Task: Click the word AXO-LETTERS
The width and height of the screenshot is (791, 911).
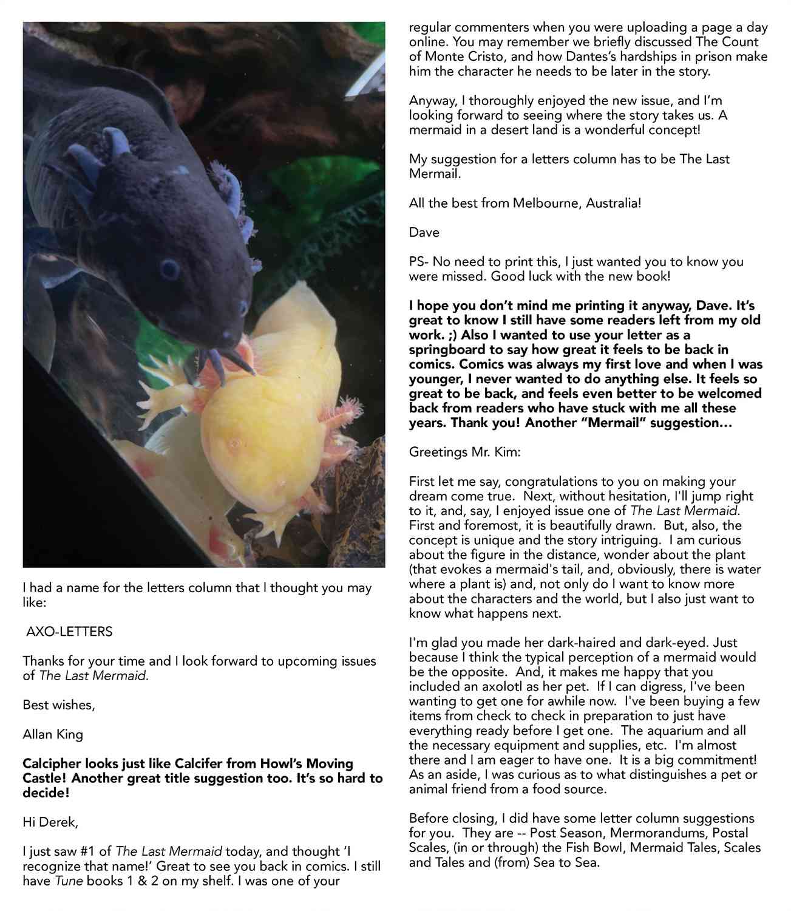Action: coord(69,632)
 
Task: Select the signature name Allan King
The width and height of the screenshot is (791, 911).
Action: coord(53,734)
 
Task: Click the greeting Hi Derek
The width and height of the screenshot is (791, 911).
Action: coord(50,822)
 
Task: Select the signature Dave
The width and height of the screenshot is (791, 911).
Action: coord(424,233)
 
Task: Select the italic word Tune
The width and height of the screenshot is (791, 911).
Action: coord(69,881)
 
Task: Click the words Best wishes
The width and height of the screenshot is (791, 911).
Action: coord(58,705)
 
